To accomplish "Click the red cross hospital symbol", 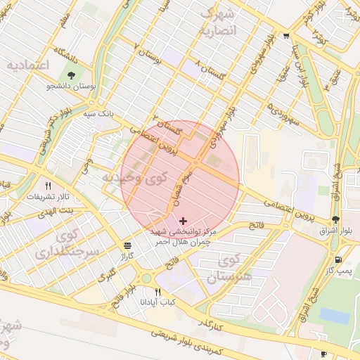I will click(x=184, y=221).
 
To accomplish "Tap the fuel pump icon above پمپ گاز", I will click(x=340, y=259).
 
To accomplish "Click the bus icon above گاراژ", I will click(x=127, y=245).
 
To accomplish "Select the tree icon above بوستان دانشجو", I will click(x=70, y=75).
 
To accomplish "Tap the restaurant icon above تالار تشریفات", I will click(x=48, y=186).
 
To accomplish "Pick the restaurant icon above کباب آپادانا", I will click(x=157, y=292).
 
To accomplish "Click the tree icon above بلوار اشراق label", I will click(x=335, y=219).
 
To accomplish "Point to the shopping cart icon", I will click(x=286, y=37).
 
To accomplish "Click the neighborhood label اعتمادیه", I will click(x=27, y=65).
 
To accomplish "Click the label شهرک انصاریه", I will click(x=219, y=22).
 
